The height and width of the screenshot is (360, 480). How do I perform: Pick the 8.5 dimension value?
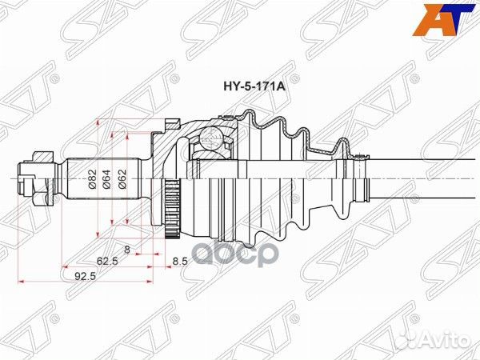179,260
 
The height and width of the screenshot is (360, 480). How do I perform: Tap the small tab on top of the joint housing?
170,122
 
